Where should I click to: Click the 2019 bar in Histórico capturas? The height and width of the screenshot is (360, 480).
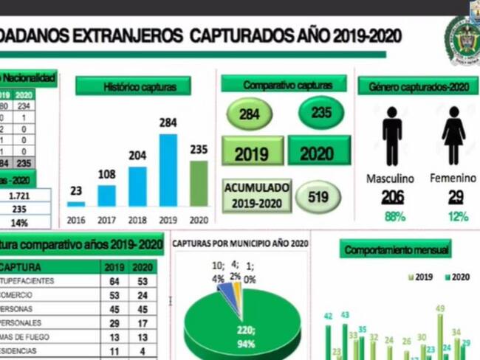(x=168, y=170)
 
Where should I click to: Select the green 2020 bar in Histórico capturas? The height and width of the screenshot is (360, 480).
(x=199, y=183)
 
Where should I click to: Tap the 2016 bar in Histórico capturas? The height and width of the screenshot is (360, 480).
(x=76, y=203)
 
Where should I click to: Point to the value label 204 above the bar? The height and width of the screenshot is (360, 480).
(x=137, y=156)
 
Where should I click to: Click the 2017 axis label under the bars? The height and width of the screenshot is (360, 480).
(x=107, y=219)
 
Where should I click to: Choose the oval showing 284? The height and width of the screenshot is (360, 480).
(x=250, y=114)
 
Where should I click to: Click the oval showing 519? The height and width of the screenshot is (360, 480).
(x=318, y=198)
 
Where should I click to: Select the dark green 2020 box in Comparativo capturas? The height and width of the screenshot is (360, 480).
(x=318, y=150)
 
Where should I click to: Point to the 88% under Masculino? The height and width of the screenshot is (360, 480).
(x=394, y=216)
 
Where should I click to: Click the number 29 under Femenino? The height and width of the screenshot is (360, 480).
(x=456, y=197)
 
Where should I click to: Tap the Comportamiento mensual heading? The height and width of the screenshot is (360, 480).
(x=396, y=250)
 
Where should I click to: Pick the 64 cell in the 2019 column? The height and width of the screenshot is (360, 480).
(x=114, y=281)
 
